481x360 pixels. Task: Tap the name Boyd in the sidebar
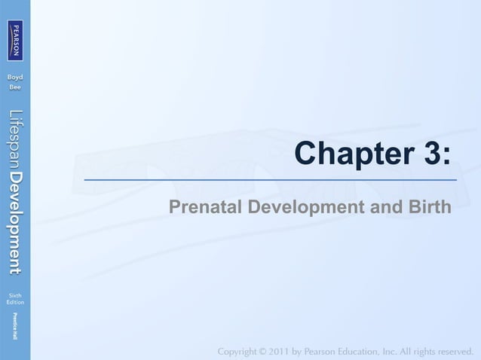[x=15, y=78]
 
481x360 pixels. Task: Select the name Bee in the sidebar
[x=15, y=87]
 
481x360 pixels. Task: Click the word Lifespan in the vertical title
[x=15, y=139]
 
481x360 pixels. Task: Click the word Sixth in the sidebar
[x=15, y=294]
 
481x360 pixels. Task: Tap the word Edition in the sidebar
[x=15, y=302]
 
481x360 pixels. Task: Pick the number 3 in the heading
[x=430, y=154]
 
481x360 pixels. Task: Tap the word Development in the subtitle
[x=305, y=206]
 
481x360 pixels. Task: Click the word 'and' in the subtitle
[x=384, y=206]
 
